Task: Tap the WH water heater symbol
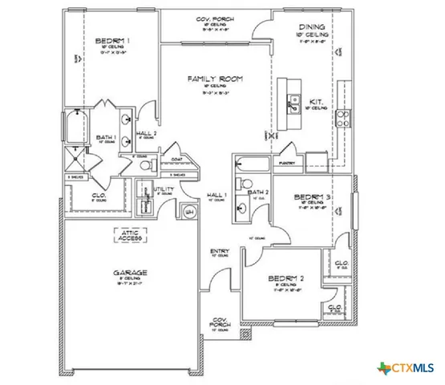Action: pyautogui.click(x=190, y=211)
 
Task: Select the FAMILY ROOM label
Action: pyautogui.click(x=215, y=79)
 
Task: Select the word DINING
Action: pyautogui.click(x=312, y=26)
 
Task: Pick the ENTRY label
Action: pyautogui.click(x=220, y=251)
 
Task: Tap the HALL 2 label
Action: pyautogui.click(x=146, y=133)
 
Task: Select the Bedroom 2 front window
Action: pyautogui.click(x=285, y=325)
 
